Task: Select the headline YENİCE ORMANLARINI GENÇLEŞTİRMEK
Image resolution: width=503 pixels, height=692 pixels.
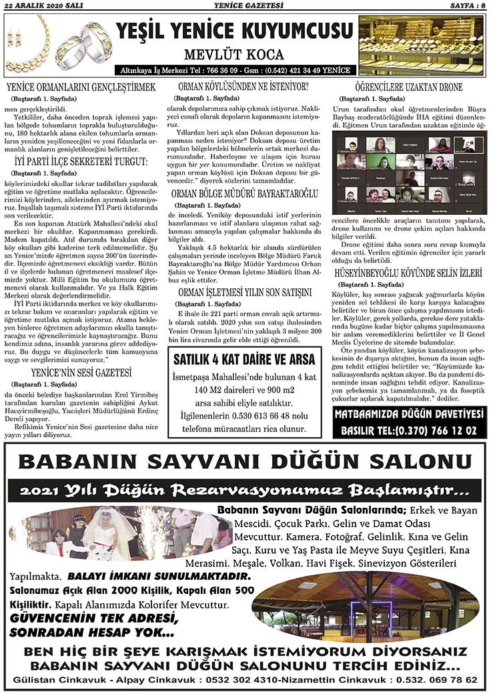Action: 81,87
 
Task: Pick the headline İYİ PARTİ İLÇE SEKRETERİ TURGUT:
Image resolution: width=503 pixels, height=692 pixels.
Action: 81,161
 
